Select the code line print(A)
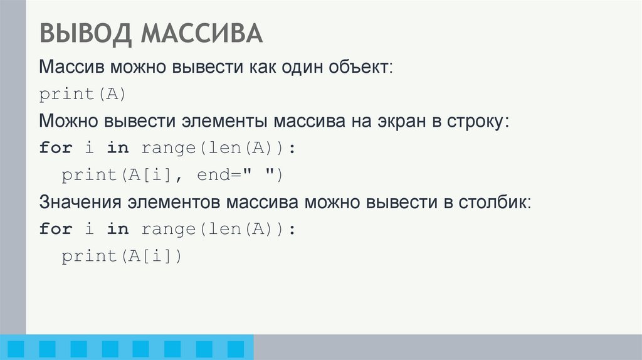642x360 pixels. [x=83, y=94]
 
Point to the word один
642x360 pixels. [x=297, y=67]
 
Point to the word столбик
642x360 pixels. [x=495, y=203]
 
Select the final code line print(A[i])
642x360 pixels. [x=121, y=257]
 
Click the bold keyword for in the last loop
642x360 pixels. [x=55, y=230]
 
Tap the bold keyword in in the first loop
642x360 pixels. [x=117, y=149]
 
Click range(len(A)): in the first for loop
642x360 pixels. [x=218, y=149]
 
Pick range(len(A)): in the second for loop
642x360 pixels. [x=218, y=230]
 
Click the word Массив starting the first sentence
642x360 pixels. [x=71, y=67]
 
